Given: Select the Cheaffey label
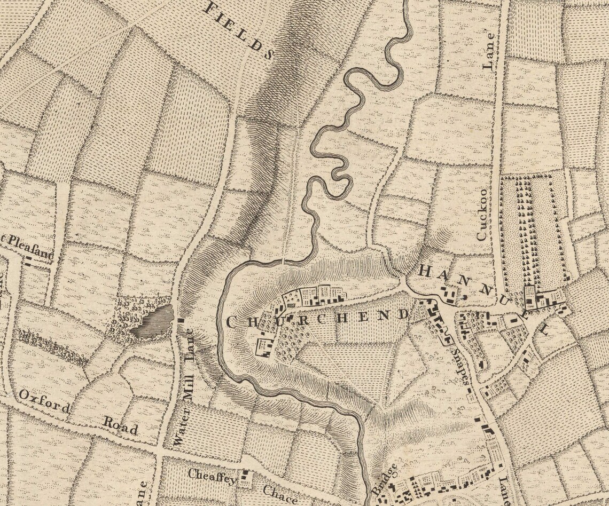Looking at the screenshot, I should [x=212, y=476].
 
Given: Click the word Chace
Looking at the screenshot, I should [x=280, y=493].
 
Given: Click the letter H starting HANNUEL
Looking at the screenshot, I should [x=425, y=271].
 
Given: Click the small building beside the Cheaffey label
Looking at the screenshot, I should [x=246, y=478].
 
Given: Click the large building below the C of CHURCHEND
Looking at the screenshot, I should [x=264, y=347].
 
